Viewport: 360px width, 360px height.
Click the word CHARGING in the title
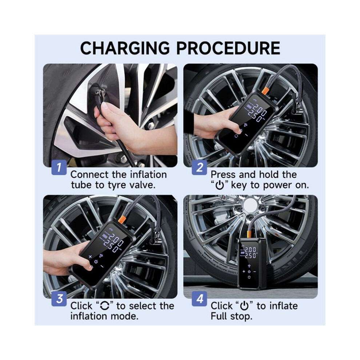tap(125, 48)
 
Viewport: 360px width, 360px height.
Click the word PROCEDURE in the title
tap(228, 48)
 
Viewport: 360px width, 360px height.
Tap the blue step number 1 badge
tap(59, 167)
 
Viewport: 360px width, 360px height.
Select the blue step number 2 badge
tap(199, 167)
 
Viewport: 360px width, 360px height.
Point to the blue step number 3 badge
tap(59, 299)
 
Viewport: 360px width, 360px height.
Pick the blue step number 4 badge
tap(199, 299)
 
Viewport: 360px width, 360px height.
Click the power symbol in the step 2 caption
tap(220, 185)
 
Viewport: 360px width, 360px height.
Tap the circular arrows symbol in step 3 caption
tap(105, 306)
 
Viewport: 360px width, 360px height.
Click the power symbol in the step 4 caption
tap(244, 306)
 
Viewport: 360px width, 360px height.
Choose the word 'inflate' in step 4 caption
tap(284, 306)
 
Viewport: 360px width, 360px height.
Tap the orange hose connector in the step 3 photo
tap(122, 219)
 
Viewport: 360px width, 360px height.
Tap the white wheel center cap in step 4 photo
tap(251, 205)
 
